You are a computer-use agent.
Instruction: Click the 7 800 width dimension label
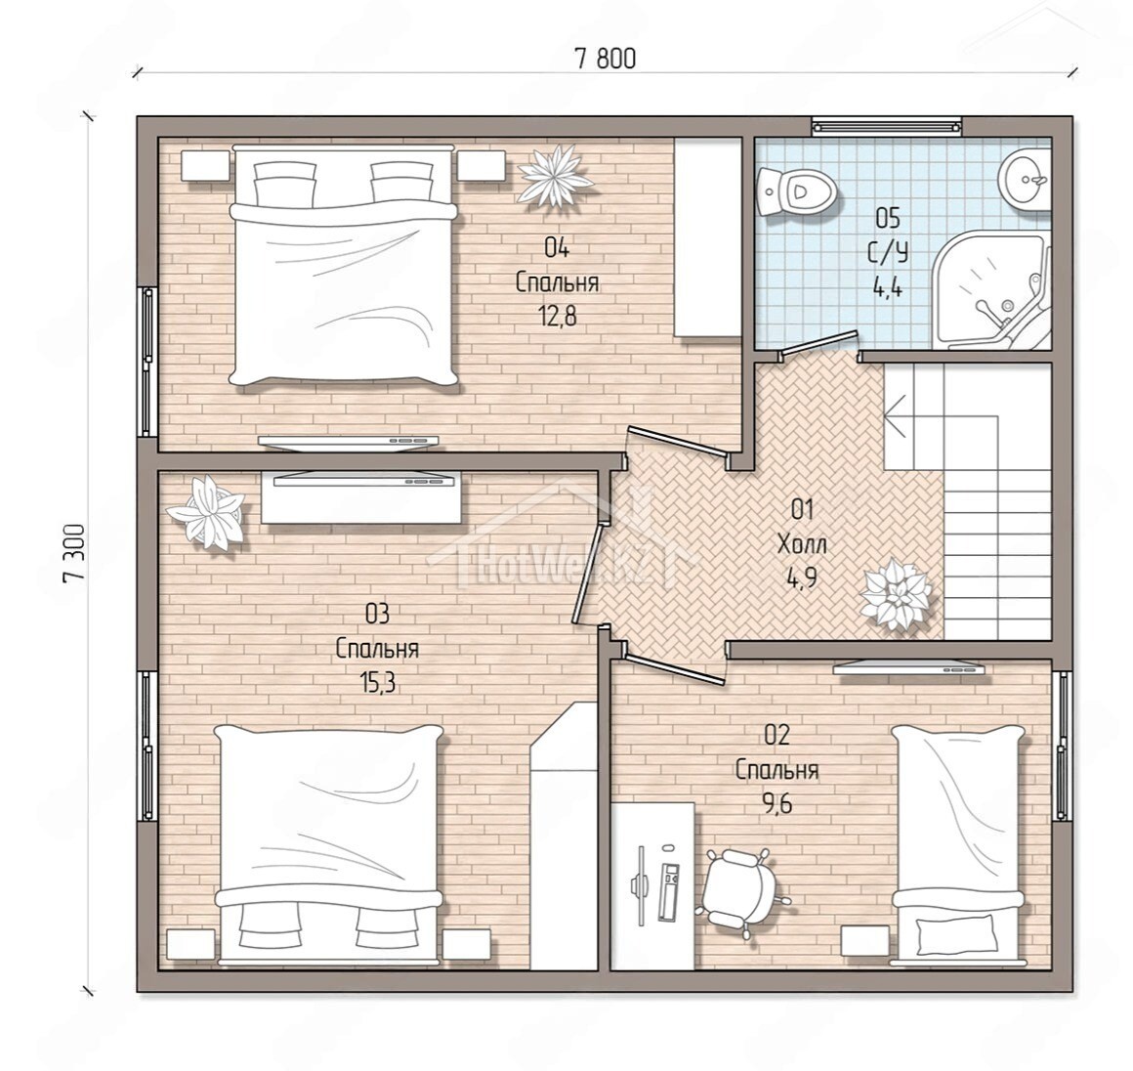tap(606, 59)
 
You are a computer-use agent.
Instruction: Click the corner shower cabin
tap(992, 289)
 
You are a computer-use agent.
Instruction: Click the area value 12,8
tap(557, 317)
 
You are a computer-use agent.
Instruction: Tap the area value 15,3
tap(377, 682)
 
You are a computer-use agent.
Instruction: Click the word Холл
tap(802, 544)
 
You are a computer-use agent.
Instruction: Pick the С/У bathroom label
tap(888, 252)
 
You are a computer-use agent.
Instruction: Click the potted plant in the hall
tap(895, 594)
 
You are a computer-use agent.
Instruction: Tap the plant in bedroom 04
tap(557, 174)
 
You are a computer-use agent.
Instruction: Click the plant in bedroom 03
tap(207, 510)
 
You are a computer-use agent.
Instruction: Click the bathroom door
tap(819, 344)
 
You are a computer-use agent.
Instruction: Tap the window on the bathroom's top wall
tap(887, 127)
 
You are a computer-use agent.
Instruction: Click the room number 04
tap(557, 248)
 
